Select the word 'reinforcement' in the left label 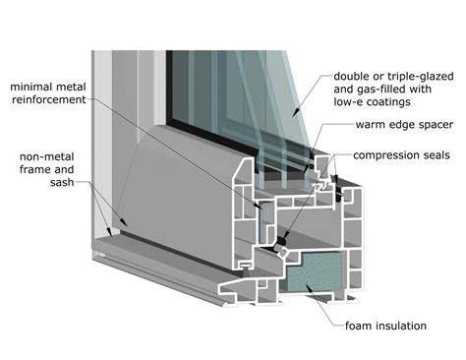[48, 100]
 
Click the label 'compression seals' [402, 154]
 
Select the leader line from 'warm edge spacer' [334, 137]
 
